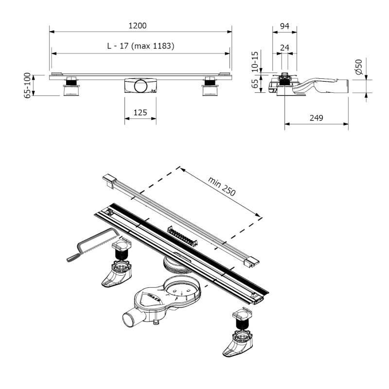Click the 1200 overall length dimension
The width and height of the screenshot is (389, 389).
pyautogui.click(x=140, y=26)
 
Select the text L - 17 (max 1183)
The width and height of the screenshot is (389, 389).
pyautogui.click(x=141, y=46)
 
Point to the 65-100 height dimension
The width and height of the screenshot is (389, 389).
pyautogui.click(x=28, y=86)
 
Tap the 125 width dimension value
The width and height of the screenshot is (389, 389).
pyautogui.click(x=140, y=113)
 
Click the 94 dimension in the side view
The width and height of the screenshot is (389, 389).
pyautogui.click(x=284, y=26)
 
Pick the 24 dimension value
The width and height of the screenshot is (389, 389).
pyautogui.click(x=284, y=48)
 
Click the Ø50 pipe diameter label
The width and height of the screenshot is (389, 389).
pyautogui.click(x=359, y=67)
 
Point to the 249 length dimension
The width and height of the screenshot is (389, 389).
pyautogui.click(x=316, y=118)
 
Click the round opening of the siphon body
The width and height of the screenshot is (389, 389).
pyautogui.click(x=183, y=289)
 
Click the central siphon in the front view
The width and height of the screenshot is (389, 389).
pyautogui.click(x=140, y=86)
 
